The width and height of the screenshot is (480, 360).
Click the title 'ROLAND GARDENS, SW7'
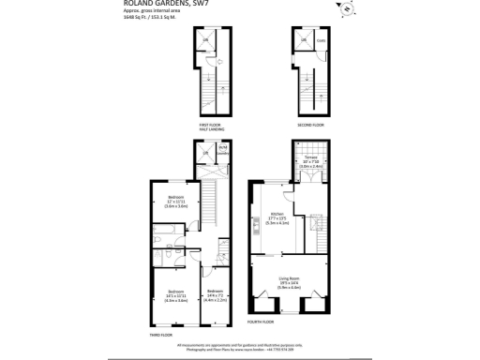(165, 5)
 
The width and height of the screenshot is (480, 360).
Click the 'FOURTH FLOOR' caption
(260, 322)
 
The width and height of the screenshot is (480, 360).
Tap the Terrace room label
(311, 161)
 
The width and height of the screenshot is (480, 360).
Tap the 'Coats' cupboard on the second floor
(320, 39)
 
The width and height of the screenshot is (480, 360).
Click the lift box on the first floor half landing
(207, 41)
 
